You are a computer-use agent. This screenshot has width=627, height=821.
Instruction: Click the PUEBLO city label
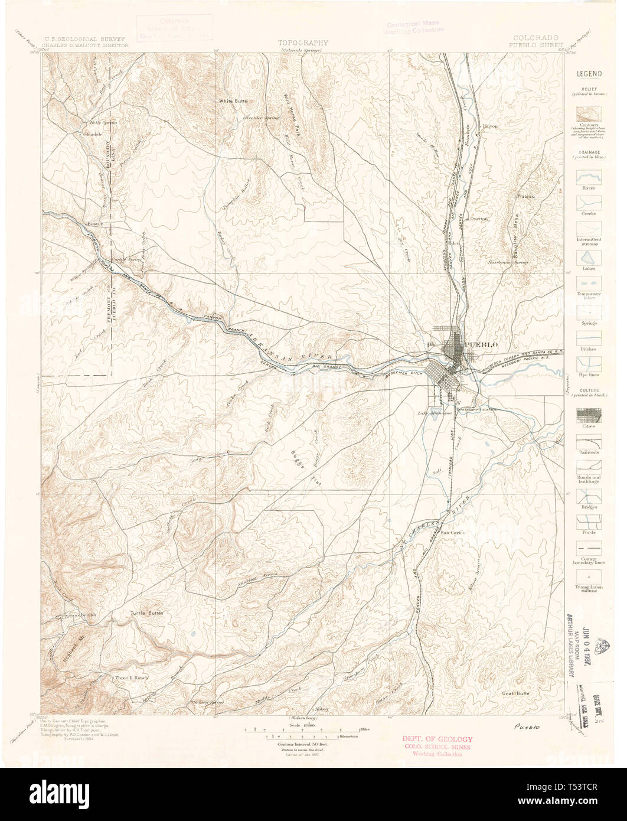coord(481,344)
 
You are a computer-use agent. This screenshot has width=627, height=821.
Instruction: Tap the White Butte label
coord(233,102)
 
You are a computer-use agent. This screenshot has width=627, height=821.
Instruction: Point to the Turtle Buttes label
coord(147,614)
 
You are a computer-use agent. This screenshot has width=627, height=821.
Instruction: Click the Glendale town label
coord(93,134)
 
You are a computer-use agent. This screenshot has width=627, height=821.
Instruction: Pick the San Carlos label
coord(453,532)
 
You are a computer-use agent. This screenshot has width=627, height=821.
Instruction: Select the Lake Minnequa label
coord(434,413)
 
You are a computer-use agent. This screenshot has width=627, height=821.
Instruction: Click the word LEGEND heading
coord(589,74)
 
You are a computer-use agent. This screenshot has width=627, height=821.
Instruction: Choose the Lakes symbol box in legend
coord(589,258)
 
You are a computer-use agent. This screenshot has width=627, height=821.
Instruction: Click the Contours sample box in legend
coord(589,115)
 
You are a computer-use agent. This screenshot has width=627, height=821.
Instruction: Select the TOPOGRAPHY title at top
coord(303,43)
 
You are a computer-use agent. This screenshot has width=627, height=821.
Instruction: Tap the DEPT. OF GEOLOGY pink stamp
coord(437,739)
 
